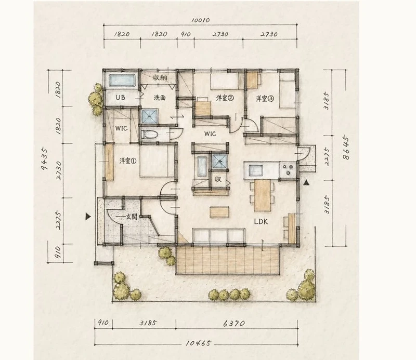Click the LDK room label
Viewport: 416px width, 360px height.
pos(261,222)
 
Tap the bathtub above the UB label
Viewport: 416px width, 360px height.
pos(122,81)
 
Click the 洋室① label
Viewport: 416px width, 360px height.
pos(128,161)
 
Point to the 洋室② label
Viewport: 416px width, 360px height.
pos(225,98)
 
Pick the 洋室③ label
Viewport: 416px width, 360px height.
pos(265,99)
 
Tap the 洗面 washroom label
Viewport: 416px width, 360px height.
pos(160,98)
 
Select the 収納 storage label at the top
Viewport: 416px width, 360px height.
pos(160,78)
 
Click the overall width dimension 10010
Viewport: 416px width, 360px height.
pos(201,20)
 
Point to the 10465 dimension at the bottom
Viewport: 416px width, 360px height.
pos(199,343)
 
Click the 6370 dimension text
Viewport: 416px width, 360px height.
pos(233,324)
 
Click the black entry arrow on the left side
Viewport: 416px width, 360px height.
pos(88,217)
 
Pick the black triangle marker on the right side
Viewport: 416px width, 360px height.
pos(306,182)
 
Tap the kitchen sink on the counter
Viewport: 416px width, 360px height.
pos(255,170)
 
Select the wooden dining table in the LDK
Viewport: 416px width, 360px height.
pos(262,195)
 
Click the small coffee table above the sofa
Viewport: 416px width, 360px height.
pos(219,212)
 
